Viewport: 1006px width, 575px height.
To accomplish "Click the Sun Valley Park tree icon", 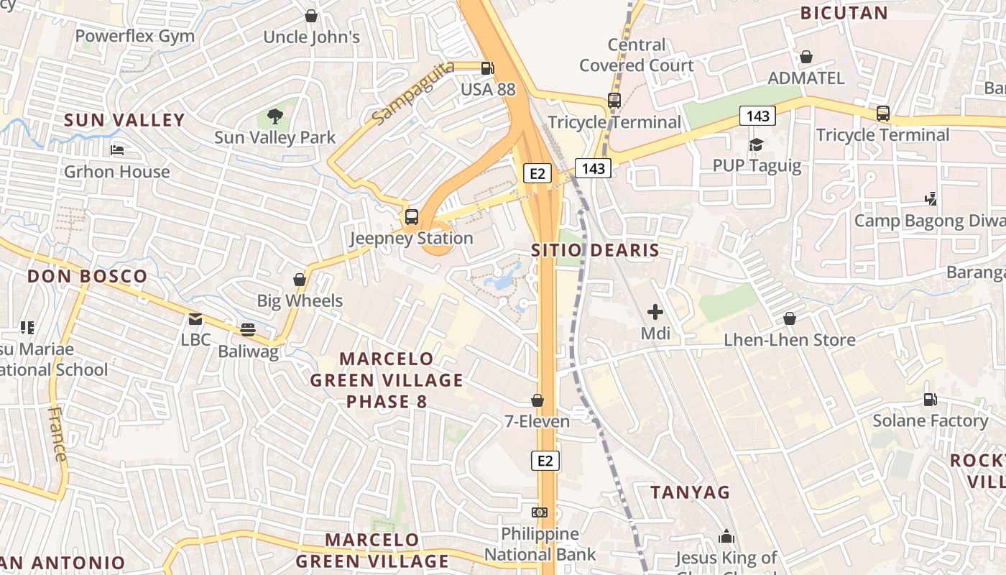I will [x=274, y=116].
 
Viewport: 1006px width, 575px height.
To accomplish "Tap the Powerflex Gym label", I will [x=135, y=36].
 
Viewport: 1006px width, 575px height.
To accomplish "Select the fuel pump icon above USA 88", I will [x=488, y=68].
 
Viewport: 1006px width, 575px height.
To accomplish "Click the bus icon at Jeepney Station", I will [x=412, y=216].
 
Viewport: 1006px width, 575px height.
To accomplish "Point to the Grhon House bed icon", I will [x=117, y=150].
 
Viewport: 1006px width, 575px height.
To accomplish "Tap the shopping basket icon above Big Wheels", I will [x=300, y=280].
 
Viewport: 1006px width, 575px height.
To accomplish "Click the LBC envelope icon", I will [x=195, y=318].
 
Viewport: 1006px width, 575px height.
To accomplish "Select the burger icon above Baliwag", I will [x=248, y=330].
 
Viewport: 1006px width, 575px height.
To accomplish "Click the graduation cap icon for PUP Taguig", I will [x=756, y=144].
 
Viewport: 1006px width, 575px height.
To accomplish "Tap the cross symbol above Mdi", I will [x=655, y=312].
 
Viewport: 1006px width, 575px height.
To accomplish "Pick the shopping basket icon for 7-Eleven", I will [x=537, y=400].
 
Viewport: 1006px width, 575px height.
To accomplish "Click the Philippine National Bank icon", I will [x=540, y=512].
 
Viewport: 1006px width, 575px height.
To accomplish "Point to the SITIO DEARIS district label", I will [x=595, y=250].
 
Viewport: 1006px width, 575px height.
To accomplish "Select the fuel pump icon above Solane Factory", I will [x=930, y=399].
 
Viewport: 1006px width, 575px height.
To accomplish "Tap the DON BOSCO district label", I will [x=87, y=276].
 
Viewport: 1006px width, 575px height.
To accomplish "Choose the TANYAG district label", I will [x=690, y=492].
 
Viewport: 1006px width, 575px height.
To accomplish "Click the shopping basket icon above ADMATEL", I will [x=806, y=57].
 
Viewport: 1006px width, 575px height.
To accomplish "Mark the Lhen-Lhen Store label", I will [x=790, y=340].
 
